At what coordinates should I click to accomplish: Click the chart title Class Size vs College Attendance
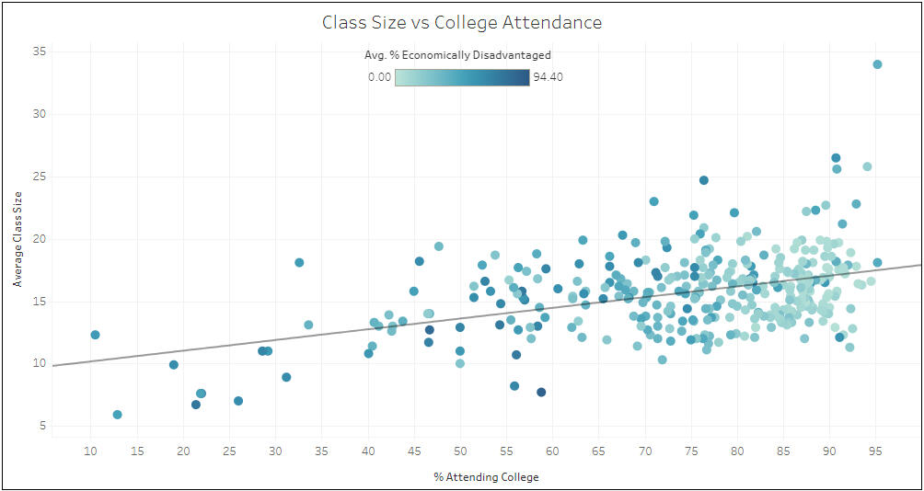(x=462, y=22)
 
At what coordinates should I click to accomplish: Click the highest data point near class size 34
(x=877, y=64)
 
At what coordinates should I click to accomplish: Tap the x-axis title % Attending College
(x=486, y=477)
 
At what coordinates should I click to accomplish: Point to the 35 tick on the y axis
(x=40, y=52)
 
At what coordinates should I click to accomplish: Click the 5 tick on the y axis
(x=42, y=426)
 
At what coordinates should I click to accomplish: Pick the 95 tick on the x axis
(x=875, y=451)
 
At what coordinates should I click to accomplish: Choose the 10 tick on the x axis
(x=90, y=451)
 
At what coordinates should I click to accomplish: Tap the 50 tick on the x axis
(x=460, y=451)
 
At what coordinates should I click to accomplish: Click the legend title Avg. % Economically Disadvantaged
(x=457, y=55)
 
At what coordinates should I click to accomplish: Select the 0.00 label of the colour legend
(x=379, y=77)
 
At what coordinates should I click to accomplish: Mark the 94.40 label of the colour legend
(x=548, y=77)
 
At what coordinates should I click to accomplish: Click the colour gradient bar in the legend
(x=462, y=77)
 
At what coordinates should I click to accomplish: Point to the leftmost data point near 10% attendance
(x=95, y=335)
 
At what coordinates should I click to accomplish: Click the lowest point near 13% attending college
(x=118, y=415)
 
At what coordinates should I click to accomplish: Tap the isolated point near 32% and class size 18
(x=299, y=262)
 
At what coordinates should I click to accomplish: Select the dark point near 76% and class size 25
(x=704, y=180)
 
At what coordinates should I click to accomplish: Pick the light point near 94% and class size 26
(x=867, y=166)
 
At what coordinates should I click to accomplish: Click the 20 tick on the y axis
(x=40, y=239)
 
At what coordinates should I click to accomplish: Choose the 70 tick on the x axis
(x=645, y=451)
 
